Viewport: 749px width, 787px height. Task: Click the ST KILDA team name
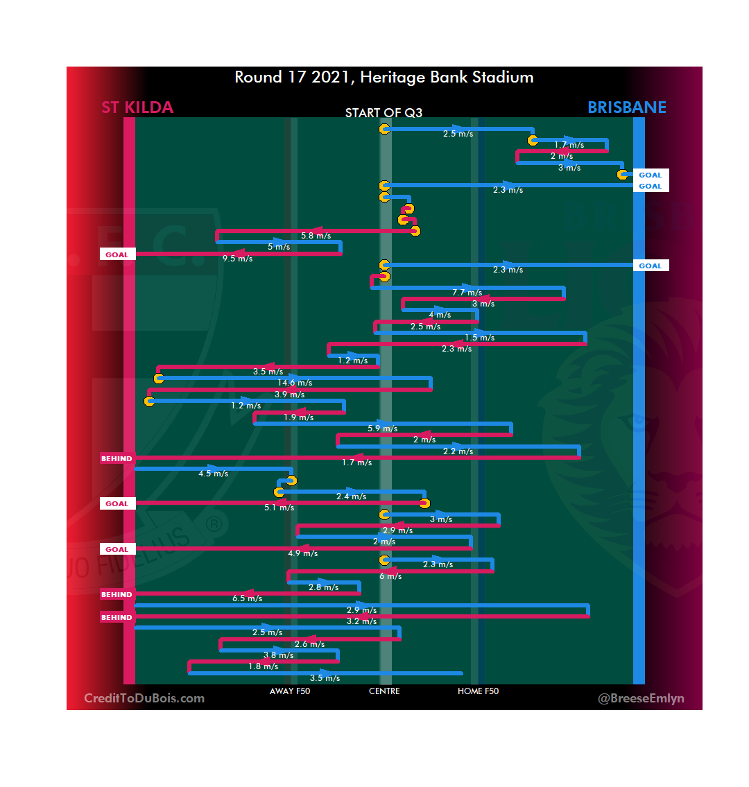click(137, 107)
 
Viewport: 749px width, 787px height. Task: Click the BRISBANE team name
click(626, 107)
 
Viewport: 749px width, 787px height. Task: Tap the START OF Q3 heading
click(384, 113)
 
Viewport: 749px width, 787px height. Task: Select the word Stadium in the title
click(503, 77)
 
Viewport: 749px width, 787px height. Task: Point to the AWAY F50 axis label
click(290, 691)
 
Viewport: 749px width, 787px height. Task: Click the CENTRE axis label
click(384, 691)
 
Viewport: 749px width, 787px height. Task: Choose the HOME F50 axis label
click(478, 691)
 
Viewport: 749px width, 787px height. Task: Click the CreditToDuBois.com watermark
click(144, 698)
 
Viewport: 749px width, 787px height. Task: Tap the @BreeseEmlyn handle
click(641, 698)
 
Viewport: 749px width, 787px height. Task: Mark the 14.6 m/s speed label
click(295, 383)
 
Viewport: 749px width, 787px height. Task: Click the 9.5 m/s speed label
click(237, 259)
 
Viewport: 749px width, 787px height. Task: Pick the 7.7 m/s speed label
click(467, 293)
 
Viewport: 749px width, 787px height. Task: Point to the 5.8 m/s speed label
click(316, 236)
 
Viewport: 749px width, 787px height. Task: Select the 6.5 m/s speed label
click(247, 598)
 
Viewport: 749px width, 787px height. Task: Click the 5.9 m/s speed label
click(382, 429)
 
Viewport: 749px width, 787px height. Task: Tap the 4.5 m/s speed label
click(213, 474)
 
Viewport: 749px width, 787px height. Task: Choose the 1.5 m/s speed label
click(479, 338)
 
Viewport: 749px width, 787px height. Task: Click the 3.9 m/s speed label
click(289, 395)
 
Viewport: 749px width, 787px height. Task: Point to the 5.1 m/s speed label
click(279, 508)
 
